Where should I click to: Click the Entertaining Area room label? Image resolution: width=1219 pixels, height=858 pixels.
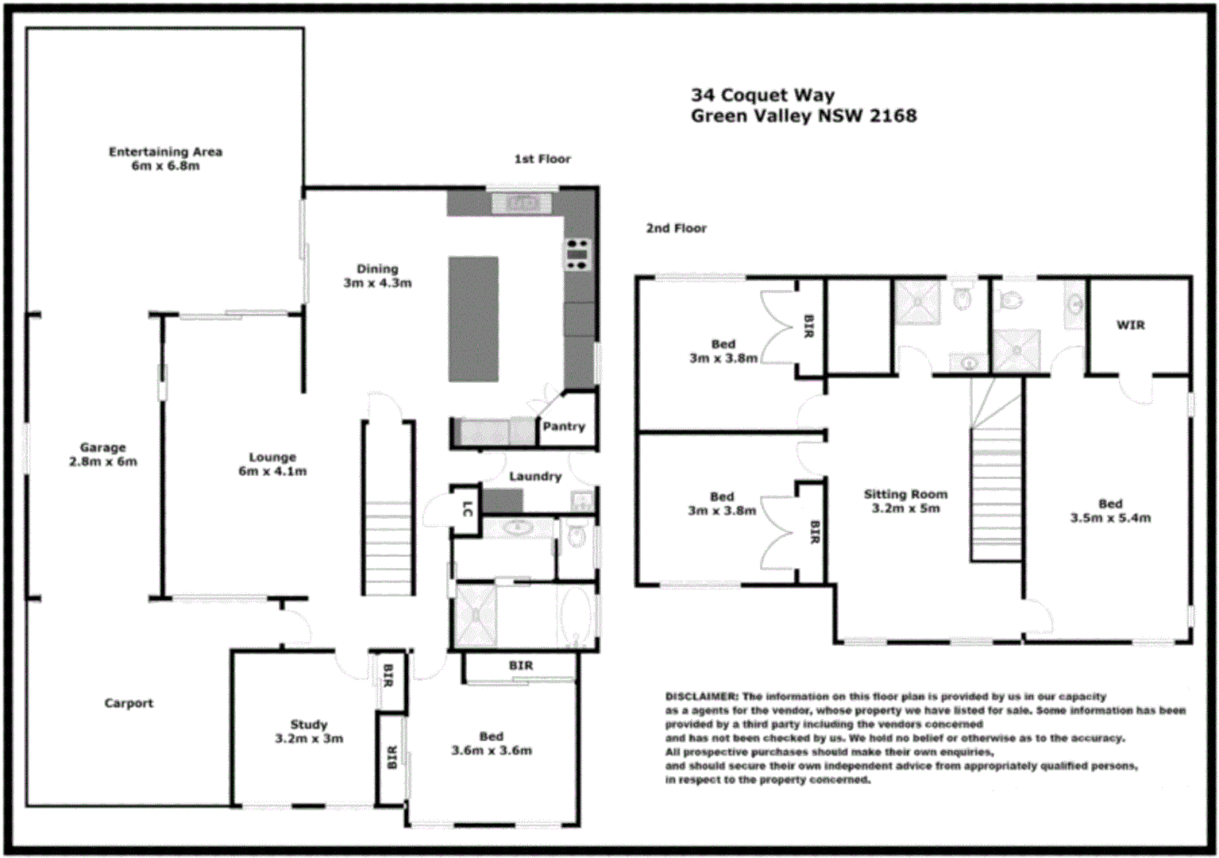coord(165,158)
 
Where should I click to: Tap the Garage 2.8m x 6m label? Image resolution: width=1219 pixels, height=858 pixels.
coord(102,454)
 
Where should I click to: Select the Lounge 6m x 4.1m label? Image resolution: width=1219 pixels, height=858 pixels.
coord(272,464)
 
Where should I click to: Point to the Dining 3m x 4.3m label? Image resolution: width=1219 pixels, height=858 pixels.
coord(377,276)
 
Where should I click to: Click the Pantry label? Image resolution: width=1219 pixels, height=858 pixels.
coord(564,427)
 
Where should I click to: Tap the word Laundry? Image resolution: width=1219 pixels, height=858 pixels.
coord(535,476)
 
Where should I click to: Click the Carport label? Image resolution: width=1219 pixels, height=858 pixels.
coord(129,703)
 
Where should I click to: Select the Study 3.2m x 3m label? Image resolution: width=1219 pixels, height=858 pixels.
coord(309,732)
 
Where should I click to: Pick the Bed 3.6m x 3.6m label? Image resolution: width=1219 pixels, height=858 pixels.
coord(492,744)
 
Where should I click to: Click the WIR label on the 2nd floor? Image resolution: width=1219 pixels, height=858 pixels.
coord(1130,325)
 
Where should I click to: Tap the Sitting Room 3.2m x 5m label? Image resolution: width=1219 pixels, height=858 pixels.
coord(905,501)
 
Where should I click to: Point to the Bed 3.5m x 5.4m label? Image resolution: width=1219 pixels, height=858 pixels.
coord(1110,511)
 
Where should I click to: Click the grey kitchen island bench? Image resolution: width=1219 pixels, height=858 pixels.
coord(473,319)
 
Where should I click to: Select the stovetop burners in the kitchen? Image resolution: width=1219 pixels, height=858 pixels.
coord(577,254)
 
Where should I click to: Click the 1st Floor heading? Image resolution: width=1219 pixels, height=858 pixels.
coord(542,159)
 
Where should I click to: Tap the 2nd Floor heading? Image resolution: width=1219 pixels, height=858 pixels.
coord(676,228)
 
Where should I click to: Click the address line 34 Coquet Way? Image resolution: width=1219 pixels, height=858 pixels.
coord(762,95)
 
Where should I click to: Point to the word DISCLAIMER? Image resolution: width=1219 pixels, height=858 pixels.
coord(701,697)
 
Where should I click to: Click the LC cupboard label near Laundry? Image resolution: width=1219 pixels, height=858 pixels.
coord(467,509)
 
